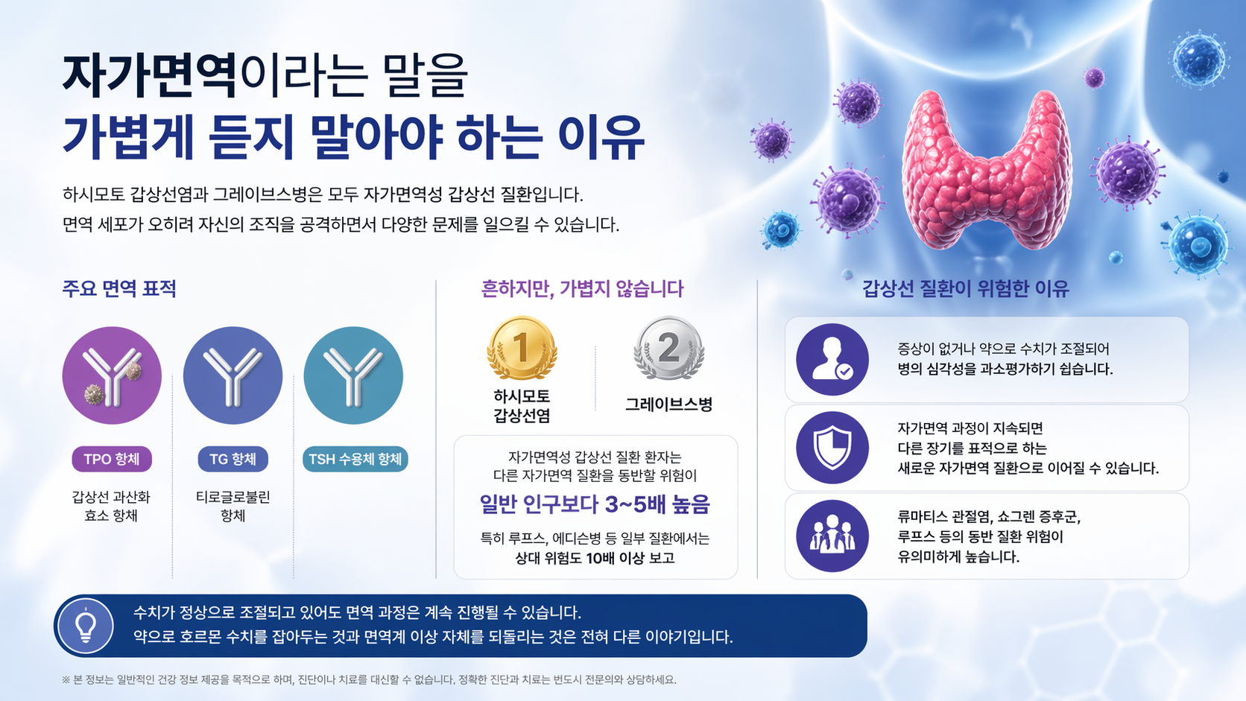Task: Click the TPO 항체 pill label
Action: coord(112,459)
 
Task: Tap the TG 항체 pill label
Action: coord(233,459)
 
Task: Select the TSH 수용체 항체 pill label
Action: coord(355,459)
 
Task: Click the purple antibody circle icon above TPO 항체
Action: coord(112,375)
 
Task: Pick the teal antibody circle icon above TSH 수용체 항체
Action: coord(353,375)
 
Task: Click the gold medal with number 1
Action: coord(522,348)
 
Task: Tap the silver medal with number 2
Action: coord(668,348)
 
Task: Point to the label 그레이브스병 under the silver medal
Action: coord(668,405)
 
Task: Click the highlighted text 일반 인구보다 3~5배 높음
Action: coord(595,504)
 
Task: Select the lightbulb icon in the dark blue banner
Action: coord(86,626)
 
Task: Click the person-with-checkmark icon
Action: coord(832,360)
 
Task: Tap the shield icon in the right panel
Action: coord(832,448)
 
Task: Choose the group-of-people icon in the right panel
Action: coord(832,536)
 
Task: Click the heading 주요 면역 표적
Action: coord(119,289)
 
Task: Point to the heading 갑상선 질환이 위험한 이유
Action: coord(965,289)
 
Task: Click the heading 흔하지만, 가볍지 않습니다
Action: coord(582,289)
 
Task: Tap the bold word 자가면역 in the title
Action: coord(149,76)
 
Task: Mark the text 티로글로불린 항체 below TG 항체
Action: coord(233,506)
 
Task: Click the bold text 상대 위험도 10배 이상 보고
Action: coord(595,558)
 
